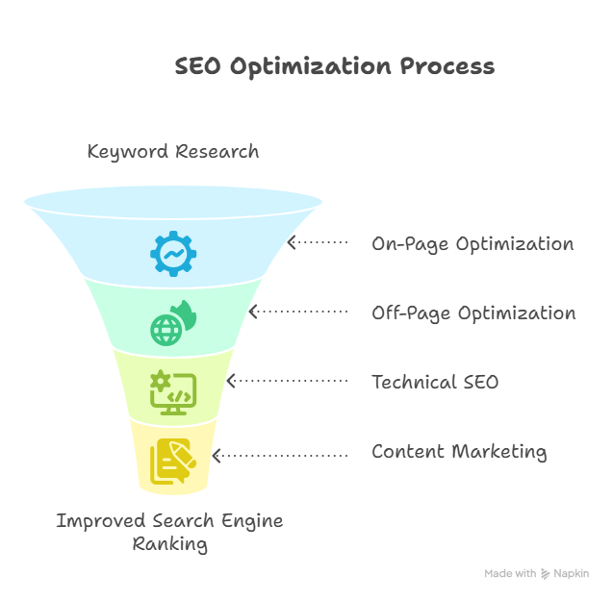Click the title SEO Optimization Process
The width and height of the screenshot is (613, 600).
click(334, 66)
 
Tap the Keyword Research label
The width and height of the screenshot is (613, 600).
click(172, 151)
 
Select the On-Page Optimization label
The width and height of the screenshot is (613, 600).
click(473, 243)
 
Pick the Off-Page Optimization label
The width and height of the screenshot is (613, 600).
click(473, 313)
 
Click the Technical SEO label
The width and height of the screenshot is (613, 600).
click(435, 382)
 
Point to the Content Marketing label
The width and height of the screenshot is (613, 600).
click(459, 451)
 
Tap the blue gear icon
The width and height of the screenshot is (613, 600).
click(173, 254)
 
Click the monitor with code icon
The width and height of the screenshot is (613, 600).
click(173, 392)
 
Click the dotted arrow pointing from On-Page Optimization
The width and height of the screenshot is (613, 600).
click(319, 243)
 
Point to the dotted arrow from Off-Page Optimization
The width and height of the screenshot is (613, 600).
click(298, 312)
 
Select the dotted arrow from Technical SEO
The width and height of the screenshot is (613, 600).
click(287, 382)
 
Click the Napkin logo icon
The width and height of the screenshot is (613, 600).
click(546, 574)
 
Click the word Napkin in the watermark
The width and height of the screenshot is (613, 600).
click(571, 574)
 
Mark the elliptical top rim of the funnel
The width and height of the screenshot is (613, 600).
click(173, 190)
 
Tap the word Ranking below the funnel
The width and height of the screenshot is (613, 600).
click(169, 544)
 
